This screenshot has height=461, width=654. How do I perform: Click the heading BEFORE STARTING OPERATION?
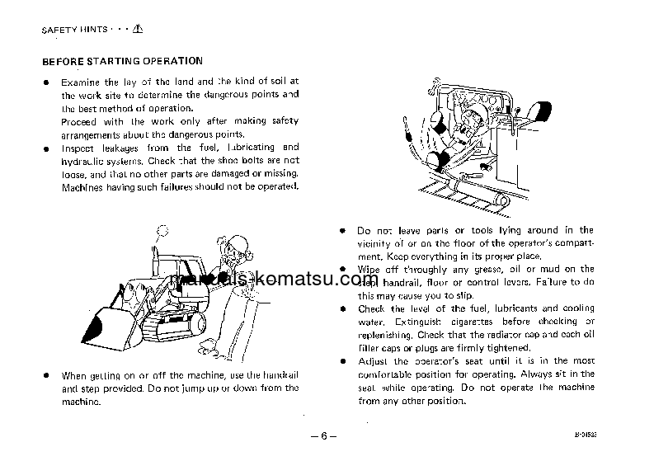[x=122, y=61]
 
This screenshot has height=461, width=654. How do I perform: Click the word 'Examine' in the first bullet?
[x=79, y=82]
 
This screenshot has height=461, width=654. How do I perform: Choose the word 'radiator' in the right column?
[x=513, y=335]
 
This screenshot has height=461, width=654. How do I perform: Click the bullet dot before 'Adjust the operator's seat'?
[x=342, y=361]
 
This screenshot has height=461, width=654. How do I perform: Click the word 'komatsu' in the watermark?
[x=313, y=281]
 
